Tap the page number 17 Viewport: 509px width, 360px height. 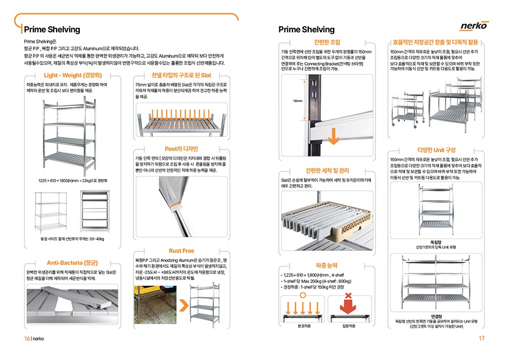click(482, 338)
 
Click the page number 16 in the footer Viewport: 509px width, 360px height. click(27, 338)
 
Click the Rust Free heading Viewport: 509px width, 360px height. click(181, 251)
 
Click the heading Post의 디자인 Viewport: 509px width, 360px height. click(181, 148)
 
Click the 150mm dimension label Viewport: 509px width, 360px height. click(298, 101)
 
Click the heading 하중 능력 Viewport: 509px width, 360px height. click(326, 265)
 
